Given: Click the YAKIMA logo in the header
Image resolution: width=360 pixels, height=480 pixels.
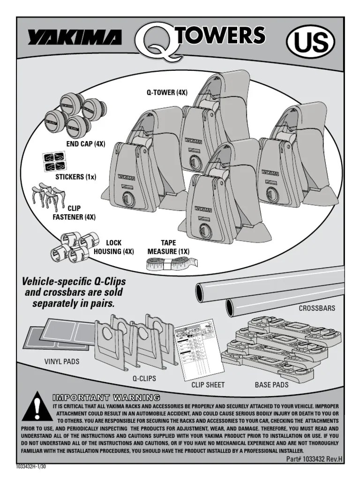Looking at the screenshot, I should [x=75, y=37].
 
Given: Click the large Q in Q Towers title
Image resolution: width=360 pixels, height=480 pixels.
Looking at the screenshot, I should [x=155, y=40].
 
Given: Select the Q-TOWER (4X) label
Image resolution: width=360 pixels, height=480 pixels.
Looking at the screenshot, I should [x=167, y=93].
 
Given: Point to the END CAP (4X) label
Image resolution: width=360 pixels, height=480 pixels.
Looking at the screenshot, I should [x=85, y=144].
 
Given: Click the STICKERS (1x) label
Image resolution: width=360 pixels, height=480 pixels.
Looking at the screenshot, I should [x=75, y=177].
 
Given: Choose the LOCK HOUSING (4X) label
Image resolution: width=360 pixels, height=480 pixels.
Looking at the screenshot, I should [x=114, y=247].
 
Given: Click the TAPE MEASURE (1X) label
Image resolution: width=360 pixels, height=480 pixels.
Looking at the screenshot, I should [x=168, y=247].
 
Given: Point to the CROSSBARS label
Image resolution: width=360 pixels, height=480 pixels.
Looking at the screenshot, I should [x=317, y=308].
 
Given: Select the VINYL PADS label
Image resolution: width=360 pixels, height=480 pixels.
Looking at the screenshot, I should [x=61, y=361].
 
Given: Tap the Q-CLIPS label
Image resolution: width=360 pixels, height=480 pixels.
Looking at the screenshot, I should [x=144, y=378].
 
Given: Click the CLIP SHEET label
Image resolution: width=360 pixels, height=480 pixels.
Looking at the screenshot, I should [x=208, y=385].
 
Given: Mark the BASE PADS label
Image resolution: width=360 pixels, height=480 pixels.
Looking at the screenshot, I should [x=271, y=385].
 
